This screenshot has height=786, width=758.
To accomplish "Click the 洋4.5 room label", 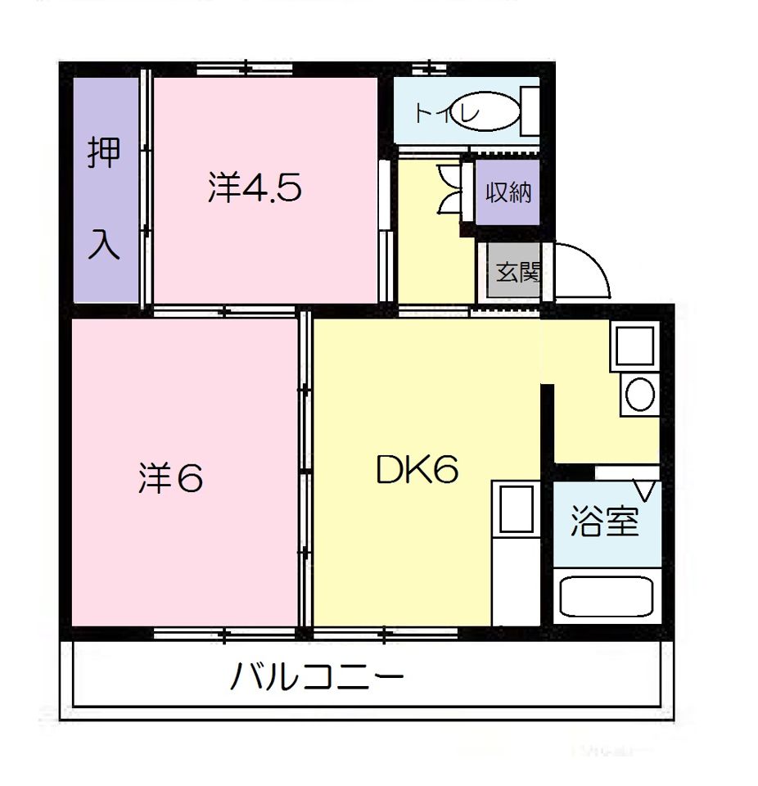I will point(255,189).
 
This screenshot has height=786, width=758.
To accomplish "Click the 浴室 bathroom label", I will point(604,522).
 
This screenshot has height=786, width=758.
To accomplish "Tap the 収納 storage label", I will point(508,192).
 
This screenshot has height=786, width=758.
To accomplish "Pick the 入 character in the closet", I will point(104,243).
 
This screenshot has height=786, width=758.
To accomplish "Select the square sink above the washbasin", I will point(635,345).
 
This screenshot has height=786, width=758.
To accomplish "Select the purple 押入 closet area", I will point(105,196).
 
